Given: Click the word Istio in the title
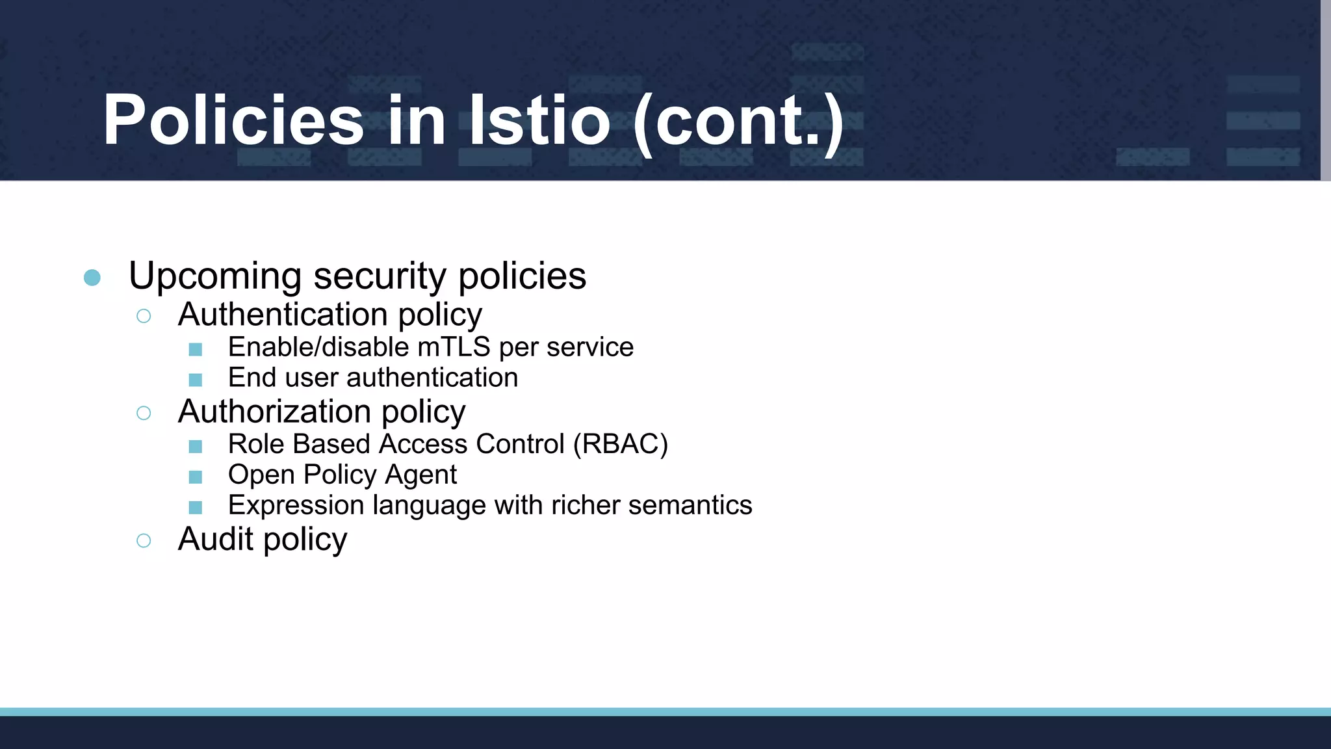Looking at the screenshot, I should (x=539, y=120).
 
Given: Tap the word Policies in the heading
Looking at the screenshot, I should (x=233, y=120).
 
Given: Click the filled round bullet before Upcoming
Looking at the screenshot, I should (x=92, y=278).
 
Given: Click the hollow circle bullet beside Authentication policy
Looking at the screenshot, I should (x=144, y=316).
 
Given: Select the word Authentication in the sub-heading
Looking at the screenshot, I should (x=282, y=315).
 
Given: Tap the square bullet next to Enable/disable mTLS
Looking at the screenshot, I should (x=195, y=350).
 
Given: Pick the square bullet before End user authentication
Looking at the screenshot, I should (x=195, y=380).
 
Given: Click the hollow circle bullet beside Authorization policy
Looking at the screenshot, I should (x=144, y=413).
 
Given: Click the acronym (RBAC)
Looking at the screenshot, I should (x=620, y=445).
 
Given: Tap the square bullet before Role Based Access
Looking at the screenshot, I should (x=195, y=447).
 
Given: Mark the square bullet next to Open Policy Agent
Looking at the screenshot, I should (x=195, y=477).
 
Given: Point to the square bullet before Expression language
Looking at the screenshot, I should (x=195, y=507).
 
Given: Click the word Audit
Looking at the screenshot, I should (x=215, y=539).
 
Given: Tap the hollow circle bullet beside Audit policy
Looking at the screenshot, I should (x=144, y=540).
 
